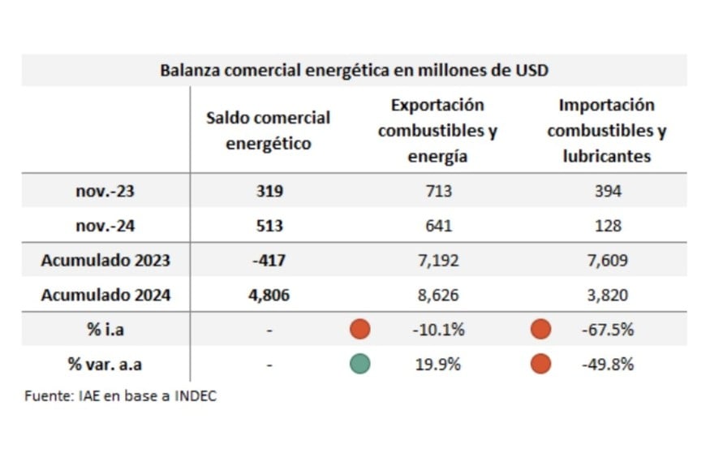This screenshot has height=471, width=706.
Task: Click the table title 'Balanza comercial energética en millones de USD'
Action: coord(354,70)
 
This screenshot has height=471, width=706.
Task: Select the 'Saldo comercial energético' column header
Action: coord(268,130)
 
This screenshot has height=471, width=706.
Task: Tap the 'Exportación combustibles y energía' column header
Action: coord(437,130)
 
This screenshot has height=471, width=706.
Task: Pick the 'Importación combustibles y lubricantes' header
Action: coord(606,130)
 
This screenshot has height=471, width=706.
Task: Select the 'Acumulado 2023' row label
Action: coord(105,261)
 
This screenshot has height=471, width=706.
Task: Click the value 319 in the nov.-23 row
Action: coord(269,191)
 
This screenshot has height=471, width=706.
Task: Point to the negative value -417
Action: coord(269,261)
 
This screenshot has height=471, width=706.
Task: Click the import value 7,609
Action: coord(607,261)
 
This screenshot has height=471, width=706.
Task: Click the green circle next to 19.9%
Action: coord(360,364)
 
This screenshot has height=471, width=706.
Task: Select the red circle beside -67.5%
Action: coord(540,329)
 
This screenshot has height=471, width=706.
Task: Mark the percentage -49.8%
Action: coord(608,365)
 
